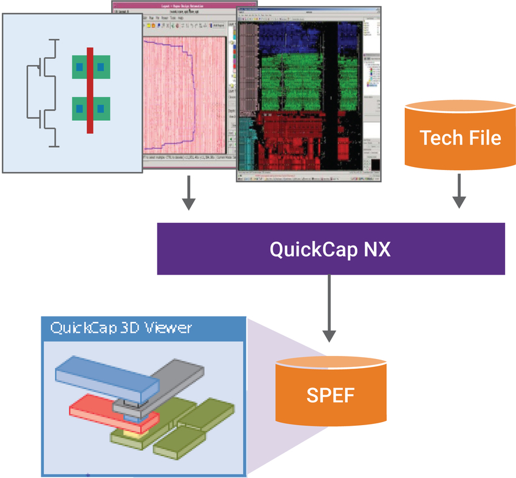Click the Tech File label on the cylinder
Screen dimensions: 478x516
461,138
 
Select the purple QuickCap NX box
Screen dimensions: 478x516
331,249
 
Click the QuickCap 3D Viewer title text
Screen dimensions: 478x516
121,329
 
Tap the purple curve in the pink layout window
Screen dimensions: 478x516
192,91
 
